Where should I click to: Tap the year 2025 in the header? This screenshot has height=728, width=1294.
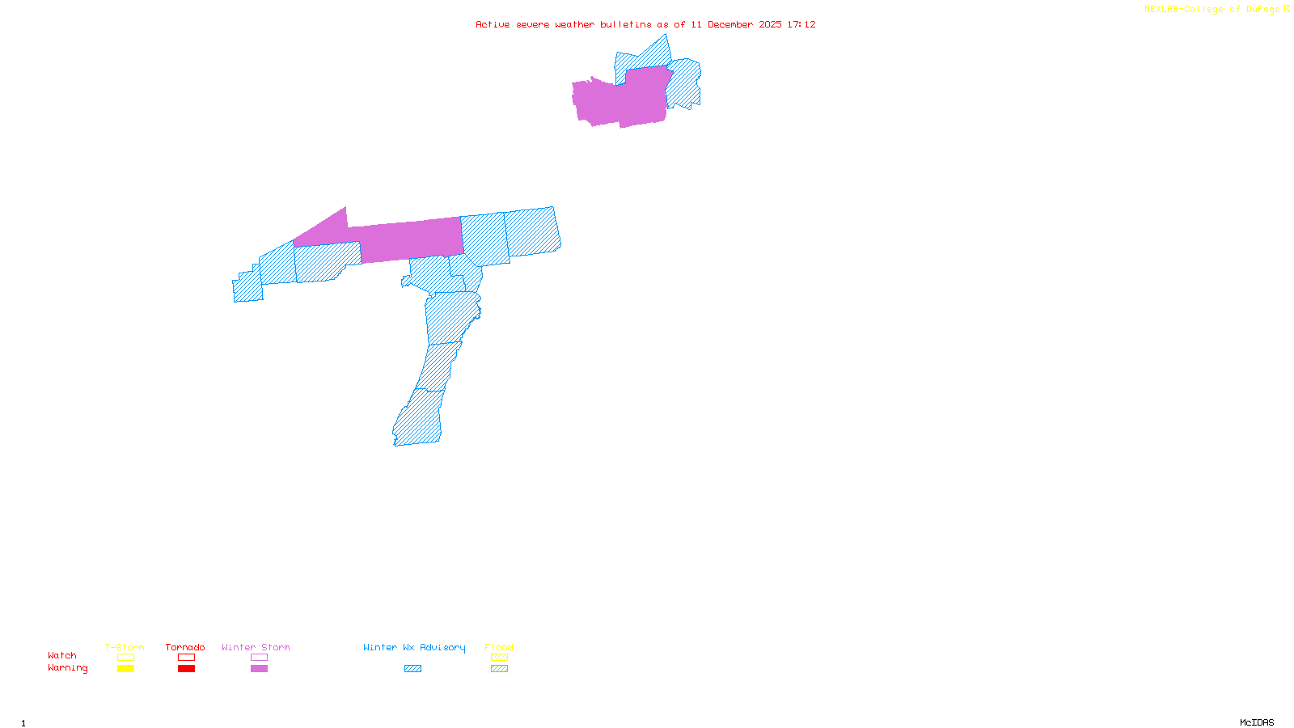click(x=770, y=24)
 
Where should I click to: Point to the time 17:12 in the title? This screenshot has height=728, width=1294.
click(x=801, y=24)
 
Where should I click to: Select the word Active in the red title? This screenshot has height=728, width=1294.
click(x=493, y=24)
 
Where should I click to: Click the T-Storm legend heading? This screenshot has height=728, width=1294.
click(x=125, y=647)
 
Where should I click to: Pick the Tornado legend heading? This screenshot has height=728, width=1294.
click(x=185, y=647)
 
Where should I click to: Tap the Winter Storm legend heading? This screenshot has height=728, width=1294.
click(x=256, y=647)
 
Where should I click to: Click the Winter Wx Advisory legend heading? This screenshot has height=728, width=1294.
click(x=414, y=647)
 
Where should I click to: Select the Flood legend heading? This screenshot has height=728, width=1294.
click(x=499, y=647)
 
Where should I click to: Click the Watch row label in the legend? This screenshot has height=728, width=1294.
click(x=62, y=655)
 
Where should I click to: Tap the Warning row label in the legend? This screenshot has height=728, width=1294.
click(x=67, y=668)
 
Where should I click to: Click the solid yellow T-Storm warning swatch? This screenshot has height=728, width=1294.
click(x=125, y=669)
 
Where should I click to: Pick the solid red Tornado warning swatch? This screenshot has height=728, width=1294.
click(x=186, y=669)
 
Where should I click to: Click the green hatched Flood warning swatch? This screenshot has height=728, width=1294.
click(x=499, y=669)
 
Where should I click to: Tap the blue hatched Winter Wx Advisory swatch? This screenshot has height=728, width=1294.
click(x=412, y=669)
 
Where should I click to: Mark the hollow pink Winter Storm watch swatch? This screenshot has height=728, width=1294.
click(x=259, y=658)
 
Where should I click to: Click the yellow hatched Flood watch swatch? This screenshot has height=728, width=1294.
click(x=499, y=658)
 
